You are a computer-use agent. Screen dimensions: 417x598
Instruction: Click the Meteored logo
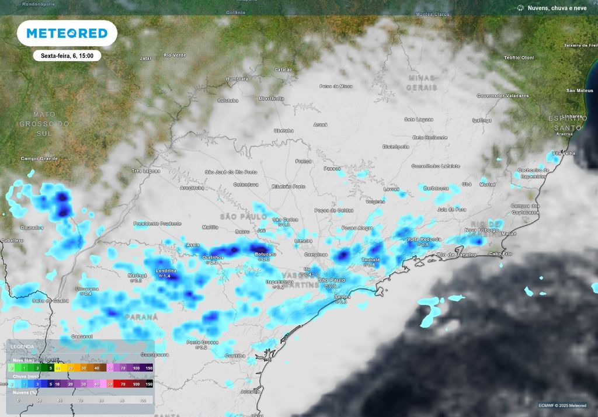coord(67,33)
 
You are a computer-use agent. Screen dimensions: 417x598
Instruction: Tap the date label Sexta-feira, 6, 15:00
coord(67,56)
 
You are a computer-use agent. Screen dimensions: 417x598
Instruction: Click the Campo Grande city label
coord(40,158)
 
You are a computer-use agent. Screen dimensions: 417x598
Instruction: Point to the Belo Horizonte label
coord(430,137)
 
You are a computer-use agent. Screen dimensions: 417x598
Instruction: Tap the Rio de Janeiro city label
coord(457,255)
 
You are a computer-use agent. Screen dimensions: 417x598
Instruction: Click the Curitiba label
coord(235,356)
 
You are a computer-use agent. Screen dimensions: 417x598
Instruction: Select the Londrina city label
coord(166,271)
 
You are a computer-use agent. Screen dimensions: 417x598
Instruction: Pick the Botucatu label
coord(265,255)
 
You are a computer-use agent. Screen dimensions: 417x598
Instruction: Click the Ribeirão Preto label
coord(289,186)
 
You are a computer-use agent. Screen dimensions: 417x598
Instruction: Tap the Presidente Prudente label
coord(157,223)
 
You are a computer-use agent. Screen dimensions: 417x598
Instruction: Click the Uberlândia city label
coord(271,98)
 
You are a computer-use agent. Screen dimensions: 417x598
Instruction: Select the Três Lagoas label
coord(145,171)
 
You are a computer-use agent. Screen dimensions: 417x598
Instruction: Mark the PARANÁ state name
coord(141,317)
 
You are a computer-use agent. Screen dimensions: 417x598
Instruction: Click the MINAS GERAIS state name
coord(422,82)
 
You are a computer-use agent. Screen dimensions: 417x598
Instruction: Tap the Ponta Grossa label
coord(202,342)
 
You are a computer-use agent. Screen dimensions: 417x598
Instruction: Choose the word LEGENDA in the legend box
coord(22,346)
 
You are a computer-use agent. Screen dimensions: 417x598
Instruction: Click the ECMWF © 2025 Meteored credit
coord(563,405)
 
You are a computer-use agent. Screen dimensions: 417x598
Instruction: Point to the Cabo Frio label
coord(500,253)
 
